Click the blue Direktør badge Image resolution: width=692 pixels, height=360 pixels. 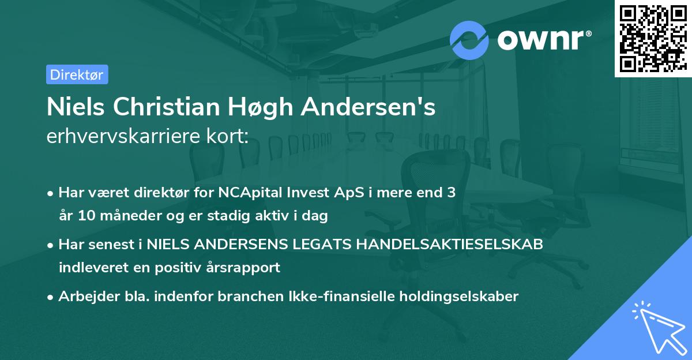77,74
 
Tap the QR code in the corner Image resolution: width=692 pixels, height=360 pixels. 653,39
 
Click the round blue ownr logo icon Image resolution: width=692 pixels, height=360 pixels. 469,40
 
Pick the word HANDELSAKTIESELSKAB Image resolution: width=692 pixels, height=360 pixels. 450,244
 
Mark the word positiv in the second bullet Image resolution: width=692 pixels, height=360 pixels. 188,268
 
